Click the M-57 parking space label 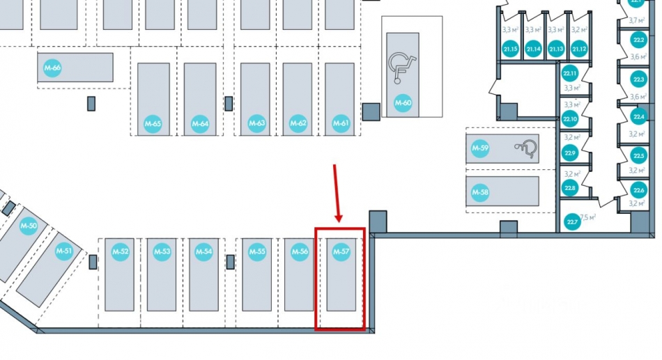(x=341, y=251)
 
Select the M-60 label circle (x=403, y=103)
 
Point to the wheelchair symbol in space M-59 (x=526, y=147)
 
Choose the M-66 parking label (x=52, y=68)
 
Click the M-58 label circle (x=480, y=192)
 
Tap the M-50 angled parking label (x=29, y=226)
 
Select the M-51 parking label (x=64, y=251)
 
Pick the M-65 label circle (x=153, y=124)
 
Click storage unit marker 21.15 (x=510, y=49)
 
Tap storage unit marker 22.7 (x=572, y=223)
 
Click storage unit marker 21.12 (x=579, y=49)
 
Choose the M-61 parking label (x=341, y=124)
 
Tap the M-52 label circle (x=121, y=251)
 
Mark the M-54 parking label (x=204, y=251)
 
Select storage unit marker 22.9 (x=570, y=152)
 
